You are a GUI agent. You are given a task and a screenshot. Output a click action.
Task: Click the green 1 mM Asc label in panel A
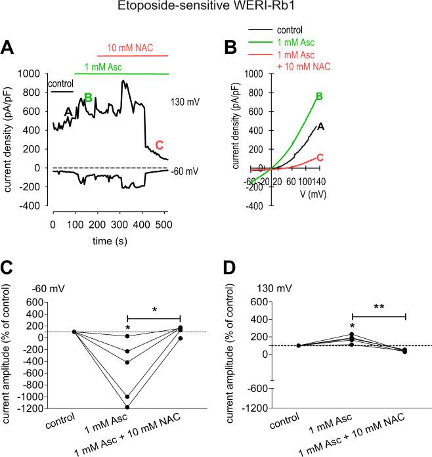click(102, 66)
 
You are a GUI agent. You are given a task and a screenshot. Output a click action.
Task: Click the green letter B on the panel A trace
click(87, 98)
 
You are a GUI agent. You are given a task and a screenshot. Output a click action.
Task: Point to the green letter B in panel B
click(319, 97)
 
